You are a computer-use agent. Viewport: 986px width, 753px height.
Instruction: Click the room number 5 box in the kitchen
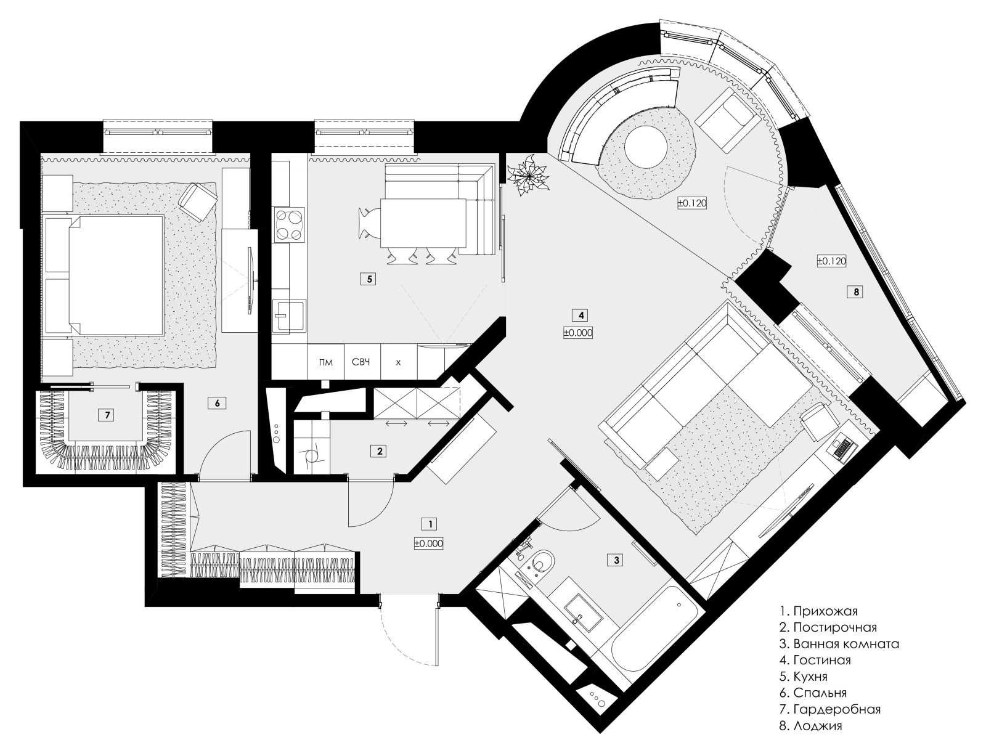point(369,279)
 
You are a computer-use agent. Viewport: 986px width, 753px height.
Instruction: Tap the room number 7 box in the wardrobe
point(107,415)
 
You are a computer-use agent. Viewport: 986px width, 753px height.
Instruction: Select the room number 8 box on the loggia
point(856,292)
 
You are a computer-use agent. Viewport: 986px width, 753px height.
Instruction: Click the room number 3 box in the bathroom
point(616,560)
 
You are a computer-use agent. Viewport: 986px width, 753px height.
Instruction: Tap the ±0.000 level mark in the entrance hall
point(428,543)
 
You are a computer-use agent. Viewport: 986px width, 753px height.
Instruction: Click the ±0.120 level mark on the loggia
point(831,261)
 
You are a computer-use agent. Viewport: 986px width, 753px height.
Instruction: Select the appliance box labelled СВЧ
point(362,362)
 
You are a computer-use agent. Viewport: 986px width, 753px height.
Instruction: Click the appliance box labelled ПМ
point(325,362)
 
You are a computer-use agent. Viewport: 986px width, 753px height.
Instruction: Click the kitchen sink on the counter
point(289,315)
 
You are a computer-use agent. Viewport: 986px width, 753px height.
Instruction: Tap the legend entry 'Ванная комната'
point(839,643)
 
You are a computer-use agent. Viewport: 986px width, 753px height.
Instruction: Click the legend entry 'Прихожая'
point(818,611)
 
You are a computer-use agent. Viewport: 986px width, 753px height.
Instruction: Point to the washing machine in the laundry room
point(311,457)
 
